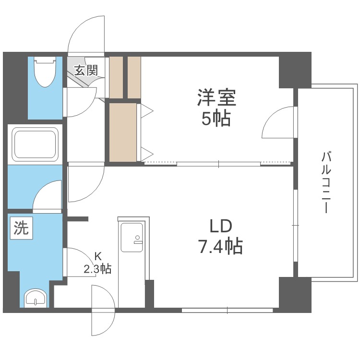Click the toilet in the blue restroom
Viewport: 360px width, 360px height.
pyautogui.click(x=46, y=72)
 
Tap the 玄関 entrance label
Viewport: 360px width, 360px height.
pyautogui.click(x=86, y=71)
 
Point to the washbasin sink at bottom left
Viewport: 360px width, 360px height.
pyautogui.click(x=36, y=298)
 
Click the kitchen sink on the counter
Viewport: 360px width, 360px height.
pyautogui.click(x=132, y=238)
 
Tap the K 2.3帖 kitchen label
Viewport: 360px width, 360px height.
pyautogui.click(x=97, y=263)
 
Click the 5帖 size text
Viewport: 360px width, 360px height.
pyautogui.click(x=216, y=118)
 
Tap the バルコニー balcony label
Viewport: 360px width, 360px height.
pyautogui.click(x=327, y=182)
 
